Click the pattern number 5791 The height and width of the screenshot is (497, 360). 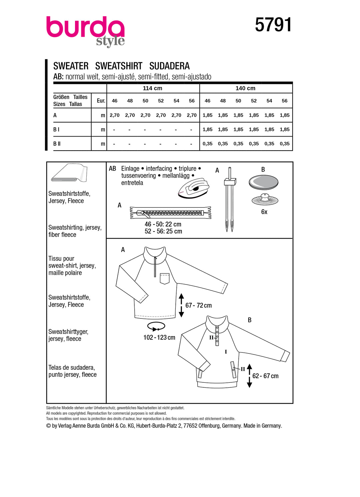pyautogui.click(x=273, y=25)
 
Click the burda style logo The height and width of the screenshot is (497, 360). pyautogui.click(x=86, y=31)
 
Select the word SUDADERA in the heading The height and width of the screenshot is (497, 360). pyautogui.click(x=169, y=66)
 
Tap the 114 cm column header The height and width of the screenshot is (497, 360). pyautogui.click(x=152, y=88)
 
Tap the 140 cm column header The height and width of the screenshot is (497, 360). pyautogui.click(x=245, y=88)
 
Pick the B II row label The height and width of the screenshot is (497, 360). pyautogui.click(x=57, y=144)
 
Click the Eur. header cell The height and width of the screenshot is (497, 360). pyautogui.click(x=101, y=101)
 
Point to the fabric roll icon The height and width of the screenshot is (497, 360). pyautogui.click(x=69, y=173)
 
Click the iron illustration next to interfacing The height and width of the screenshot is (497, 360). pyautogui.click(x=193, y=188)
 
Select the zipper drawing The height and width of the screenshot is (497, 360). pyautogui.click(x=170, y=213)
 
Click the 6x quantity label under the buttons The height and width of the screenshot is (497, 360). pyautogui.click(x=264, y=212)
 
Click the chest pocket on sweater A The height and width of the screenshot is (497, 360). pyautogui.click(x=165, y=278)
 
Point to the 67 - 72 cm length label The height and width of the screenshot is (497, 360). pyautogui.click(x=198, y=305)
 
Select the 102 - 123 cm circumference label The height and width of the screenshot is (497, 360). pyautogui.click(x=159, y=337)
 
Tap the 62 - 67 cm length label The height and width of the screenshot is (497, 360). pyautogui.click(x=265, y=376)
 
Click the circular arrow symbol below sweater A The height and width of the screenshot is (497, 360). pyautogui.click(x=156, y=326)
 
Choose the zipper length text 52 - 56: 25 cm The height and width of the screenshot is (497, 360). pyautogui.click(x=163, y=231)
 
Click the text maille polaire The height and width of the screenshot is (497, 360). pyautogui.click(x=65, y=273)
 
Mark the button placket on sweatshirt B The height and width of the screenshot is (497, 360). pyautogui.click(x=217, y=334)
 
